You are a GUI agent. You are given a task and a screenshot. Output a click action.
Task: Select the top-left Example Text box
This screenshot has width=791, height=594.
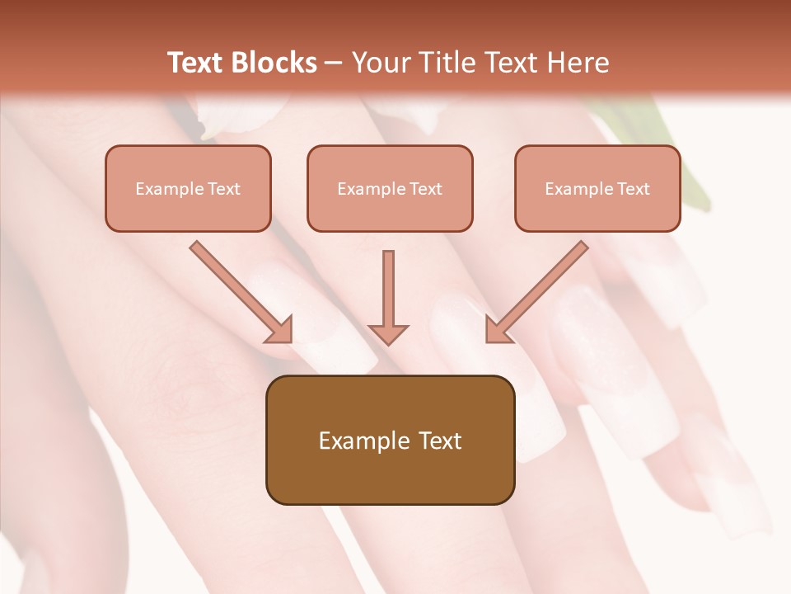188,189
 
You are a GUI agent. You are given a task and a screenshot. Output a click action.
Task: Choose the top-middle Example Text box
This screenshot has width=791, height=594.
390,189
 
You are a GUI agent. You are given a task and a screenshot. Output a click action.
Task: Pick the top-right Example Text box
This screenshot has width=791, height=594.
597,189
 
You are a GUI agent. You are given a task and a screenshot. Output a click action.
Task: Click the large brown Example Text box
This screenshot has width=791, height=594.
390,440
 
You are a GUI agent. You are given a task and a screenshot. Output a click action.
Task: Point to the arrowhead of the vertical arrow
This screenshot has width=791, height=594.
388,333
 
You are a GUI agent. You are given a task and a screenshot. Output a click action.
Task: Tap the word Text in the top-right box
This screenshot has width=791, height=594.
634,189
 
